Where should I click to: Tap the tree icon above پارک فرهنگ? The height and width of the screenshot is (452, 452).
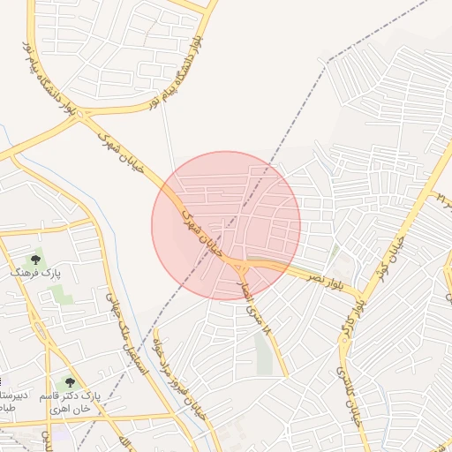click(35, 260)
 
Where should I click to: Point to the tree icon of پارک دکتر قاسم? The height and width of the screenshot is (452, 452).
click(70, 383)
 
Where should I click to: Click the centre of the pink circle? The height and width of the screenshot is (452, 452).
click(226, 225)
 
